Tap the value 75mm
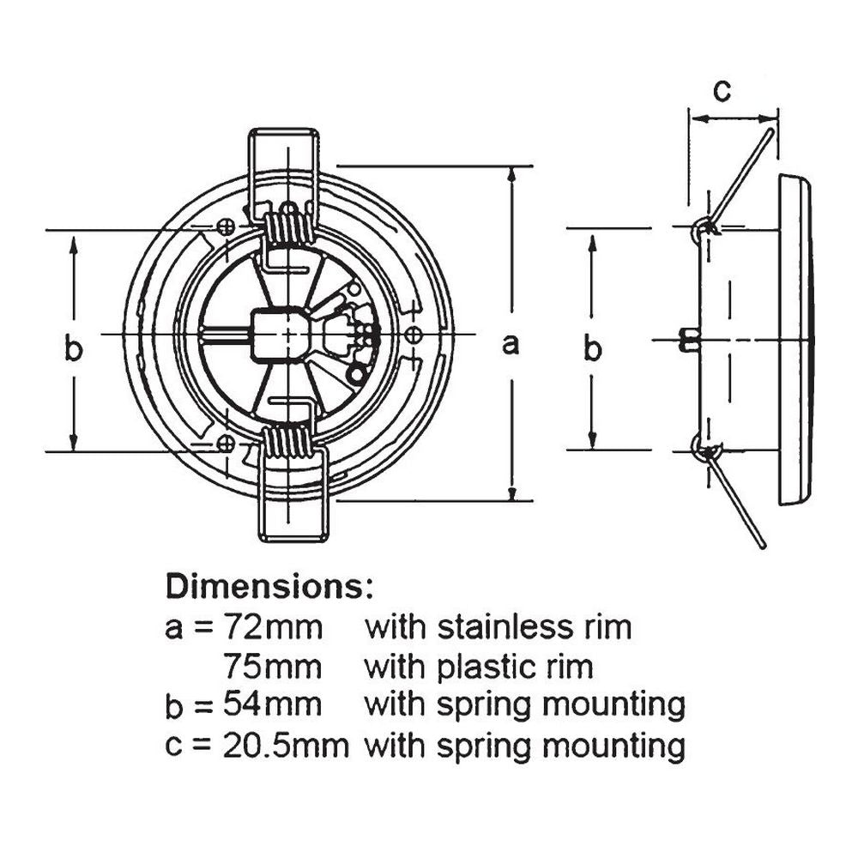(x=273, y=665)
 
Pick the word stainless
(x=498, y=627)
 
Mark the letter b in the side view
(x=593, y=349)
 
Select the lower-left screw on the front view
(x=226, y=443)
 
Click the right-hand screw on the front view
(x=413, y=333)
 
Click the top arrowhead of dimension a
(x=512, y=172)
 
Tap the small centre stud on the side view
(x=687, y=340)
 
